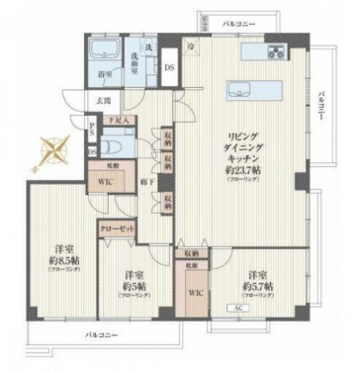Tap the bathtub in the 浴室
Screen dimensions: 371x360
(103, 52)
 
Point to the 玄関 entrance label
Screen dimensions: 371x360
(104, 97)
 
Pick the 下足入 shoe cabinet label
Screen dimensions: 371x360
(128, 120)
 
